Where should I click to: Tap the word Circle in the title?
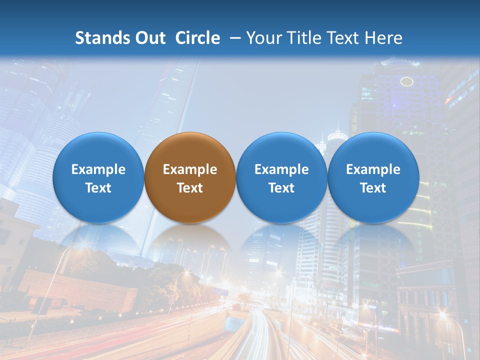point(197,38)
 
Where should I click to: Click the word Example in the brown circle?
point(190,169)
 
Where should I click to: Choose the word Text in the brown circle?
point(190,188)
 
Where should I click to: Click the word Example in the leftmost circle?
point(98,169)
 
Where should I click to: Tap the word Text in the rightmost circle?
point(373,188)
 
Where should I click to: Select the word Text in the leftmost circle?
point(98,188)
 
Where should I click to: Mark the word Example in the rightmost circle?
point(373,169)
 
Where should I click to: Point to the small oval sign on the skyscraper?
point(407,81)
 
